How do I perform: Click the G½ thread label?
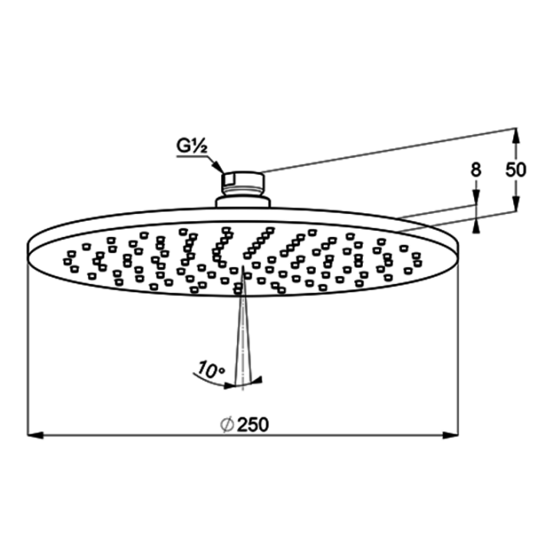coord(192,146)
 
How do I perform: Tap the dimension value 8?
coord(476,170)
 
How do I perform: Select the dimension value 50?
coord(516,170)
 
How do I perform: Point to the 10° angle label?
coord(211,369)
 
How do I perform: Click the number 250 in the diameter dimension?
coord(253,425)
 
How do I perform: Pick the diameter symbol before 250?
coord(227,425)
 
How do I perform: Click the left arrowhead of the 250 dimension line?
coord(35,435)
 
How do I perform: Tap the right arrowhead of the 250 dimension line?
coord(450,435)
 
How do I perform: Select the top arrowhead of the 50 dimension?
coord(516,136)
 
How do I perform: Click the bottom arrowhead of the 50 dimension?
coord(516,204)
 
